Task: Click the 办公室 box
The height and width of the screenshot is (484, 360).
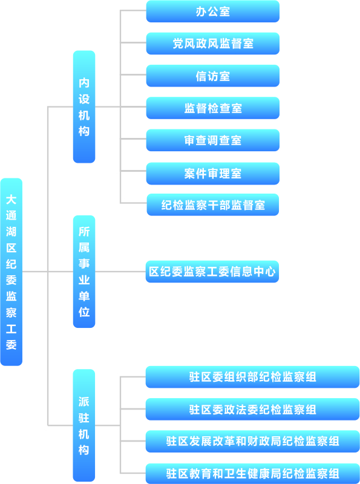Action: click(213, 11)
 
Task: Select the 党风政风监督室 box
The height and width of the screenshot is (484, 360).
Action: click(213, 44)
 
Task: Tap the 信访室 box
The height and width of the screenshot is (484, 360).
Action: click(213, 76)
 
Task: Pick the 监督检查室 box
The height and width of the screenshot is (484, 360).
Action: click(213, 108)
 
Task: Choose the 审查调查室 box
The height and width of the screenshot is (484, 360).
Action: click(213, 140)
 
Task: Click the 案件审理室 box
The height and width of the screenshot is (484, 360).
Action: click(213, 174)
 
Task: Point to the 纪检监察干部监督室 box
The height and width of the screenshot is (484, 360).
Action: click(213, 204)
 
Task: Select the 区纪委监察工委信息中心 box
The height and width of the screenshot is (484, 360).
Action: click(212, 272)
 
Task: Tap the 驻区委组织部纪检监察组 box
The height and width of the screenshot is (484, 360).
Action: click(252, 377)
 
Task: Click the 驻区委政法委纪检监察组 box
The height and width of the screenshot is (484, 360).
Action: click(252, 410)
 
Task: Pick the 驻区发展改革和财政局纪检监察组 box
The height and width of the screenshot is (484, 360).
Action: click(252, 442)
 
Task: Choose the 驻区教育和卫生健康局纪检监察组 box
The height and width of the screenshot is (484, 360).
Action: click(252, 474)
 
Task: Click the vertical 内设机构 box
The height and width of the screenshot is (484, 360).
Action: click(84, 107)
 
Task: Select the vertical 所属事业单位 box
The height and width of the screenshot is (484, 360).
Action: click(84, 272)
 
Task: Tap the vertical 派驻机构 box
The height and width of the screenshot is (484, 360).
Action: click(84, 425)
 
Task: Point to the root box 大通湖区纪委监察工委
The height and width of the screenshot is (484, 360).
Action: click(11, 272)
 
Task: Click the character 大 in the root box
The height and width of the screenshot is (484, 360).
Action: click(11, 200)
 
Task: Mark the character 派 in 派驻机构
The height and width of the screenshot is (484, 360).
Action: click(84, 402)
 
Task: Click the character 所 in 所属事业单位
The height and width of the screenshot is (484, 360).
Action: click(84, 232)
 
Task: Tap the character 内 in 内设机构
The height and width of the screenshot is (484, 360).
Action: click(84, 83)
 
